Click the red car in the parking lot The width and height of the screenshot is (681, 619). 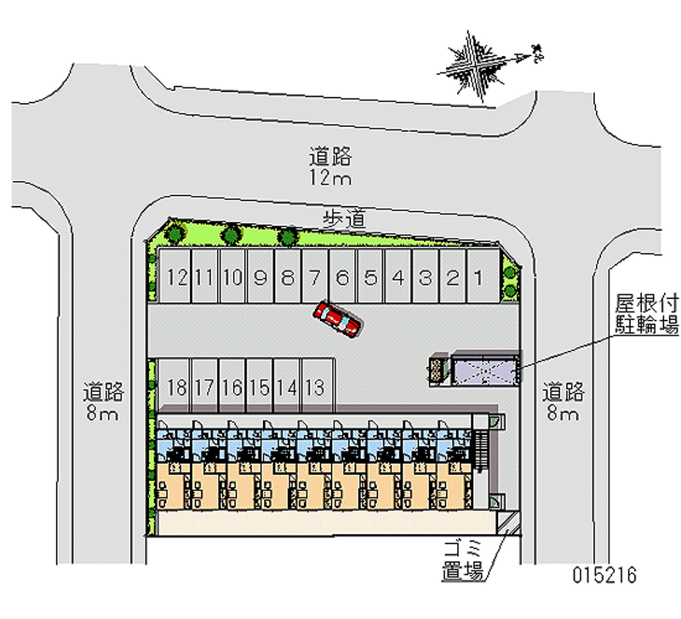(338, 318)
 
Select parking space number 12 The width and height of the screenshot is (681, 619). (177, 277)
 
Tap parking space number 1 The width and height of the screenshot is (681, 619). (480, 277)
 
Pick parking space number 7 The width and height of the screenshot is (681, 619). (315, 277)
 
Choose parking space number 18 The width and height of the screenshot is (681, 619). (176, 387)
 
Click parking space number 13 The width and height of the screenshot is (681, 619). (314, 387)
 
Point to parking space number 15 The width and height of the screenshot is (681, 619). (260, 387)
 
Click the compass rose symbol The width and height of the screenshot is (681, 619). (470, 62)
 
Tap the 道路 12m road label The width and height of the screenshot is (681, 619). (330, 167)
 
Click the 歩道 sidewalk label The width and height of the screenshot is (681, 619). (344, 219)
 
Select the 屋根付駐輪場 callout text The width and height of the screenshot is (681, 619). (647, 313)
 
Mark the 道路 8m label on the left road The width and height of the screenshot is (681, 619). (104, 403)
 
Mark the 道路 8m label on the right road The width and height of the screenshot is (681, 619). (564, 403)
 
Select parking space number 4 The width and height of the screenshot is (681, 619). (398, 277)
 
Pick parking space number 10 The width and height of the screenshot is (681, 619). (232, 277)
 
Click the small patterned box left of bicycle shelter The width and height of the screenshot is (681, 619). (438, 370)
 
